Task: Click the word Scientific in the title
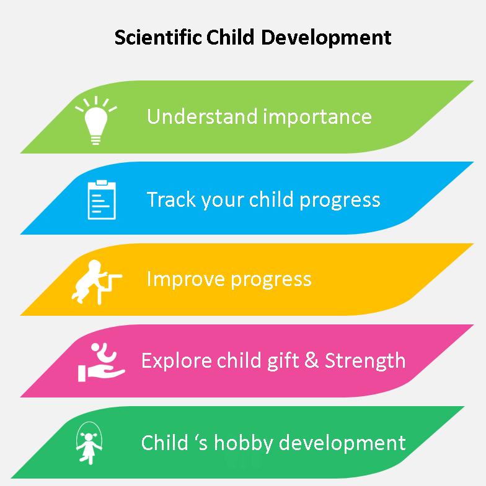point(158,37)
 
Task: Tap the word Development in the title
point(326,38)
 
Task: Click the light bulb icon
point(96,120)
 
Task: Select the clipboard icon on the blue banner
point(102,199)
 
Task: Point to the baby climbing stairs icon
point(97,282)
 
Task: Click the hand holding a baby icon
point(101,362)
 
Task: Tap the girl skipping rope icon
point(89,443)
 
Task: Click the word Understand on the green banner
point(202,116)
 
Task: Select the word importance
point(317,117)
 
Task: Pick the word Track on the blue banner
point(171,199)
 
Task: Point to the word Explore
point(176,361)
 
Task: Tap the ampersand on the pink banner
point(311,360)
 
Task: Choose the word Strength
point(365,361)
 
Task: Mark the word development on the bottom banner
point(342,443)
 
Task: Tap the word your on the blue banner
point(222,201)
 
